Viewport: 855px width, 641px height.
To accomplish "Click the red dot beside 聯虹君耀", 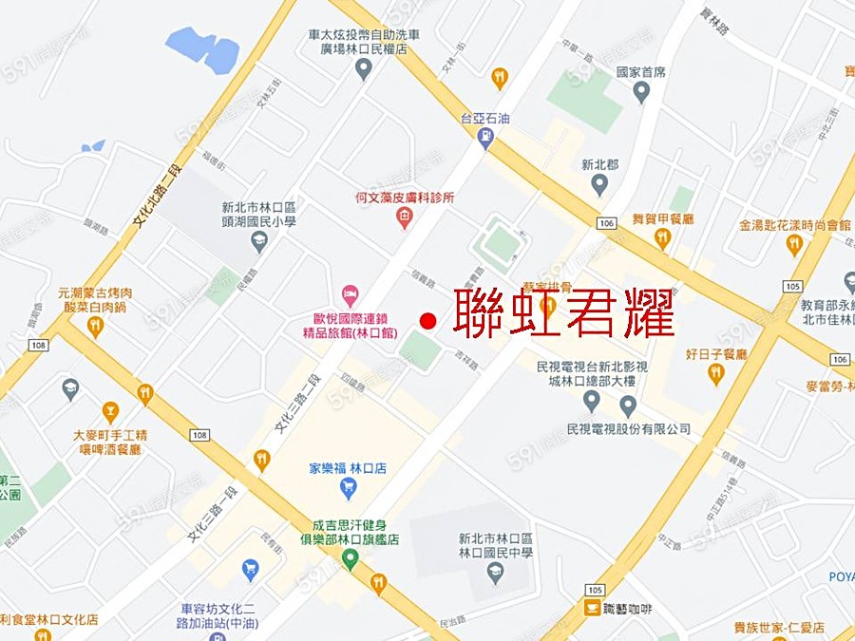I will click(427, 321).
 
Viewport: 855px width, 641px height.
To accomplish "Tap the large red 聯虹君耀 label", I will click(564, 311).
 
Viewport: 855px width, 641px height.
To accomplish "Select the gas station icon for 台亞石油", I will click(486, 139).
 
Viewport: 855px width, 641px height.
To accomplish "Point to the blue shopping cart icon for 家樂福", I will click(348, 488).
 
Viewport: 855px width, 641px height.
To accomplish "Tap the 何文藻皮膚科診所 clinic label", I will click(404, 198).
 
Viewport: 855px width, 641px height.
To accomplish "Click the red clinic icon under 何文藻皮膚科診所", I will click(404, 218).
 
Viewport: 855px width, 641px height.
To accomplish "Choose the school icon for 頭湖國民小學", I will click(258, 242).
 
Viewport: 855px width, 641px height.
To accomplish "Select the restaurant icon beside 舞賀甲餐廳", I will click(662, 237).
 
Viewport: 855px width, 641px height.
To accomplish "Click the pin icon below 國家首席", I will click(641, 92).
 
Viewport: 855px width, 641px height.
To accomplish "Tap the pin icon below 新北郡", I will click(599, 185).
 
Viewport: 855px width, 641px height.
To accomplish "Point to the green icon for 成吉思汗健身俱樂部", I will click(351, 560).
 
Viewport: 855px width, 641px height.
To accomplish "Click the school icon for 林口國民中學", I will click(494, 573).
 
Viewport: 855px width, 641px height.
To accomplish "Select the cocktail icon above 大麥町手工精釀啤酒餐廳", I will click(110, 412).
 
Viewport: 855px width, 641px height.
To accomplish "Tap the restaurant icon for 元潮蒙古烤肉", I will click(94, 327).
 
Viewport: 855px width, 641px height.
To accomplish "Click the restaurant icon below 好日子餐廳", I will click(716, 374).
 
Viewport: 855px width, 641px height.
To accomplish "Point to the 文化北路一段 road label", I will click(157, 197).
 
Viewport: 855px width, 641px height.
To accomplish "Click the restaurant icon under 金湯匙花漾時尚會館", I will click(794, 245).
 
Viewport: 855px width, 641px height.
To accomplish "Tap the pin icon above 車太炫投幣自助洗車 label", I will click(363, 68).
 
